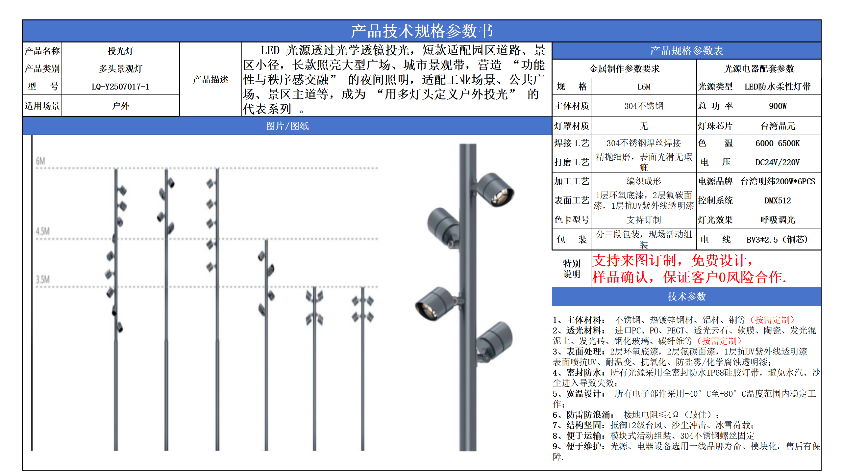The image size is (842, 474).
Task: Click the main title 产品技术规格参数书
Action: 422,31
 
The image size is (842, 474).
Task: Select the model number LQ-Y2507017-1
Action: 120,87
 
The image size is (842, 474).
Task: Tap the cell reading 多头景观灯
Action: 120,69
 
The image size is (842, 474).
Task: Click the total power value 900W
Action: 778,106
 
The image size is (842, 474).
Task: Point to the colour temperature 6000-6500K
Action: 778,143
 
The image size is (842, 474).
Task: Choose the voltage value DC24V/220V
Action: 778,162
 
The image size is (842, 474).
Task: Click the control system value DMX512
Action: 778,200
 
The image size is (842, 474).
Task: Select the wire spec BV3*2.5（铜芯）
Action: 778,240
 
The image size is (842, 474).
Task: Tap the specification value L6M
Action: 644,87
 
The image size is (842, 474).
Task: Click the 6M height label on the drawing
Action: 40,161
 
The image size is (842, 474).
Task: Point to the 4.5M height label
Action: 43,231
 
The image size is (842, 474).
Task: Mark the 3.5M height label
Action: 43,280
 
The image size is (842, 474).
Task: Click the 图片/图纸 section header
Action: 287,126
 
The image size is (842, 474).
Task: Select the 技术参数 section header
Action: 686,297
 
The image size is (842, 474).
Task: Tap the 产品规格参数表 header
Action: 686,51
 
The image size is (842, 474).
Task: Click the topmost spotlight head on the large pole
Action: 495,190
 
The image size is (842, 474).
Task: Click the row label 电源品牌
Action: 715,181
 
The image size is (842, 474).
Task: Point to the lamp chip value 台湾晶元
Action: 778,126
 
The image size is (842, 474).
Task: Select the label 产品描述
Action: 210,80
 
